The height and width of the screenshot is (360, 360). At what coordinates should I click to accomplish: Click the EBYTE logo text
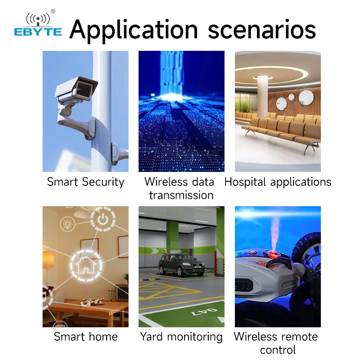pos(38,31)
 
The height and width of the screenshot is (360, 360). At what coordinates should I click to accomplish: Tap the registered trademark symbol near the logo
pos(53,11)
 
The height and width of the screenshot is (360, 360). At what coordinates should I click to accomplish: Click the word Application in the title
pos(133,30)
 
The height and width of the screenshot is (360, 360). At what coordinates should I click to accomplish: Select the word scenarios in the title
pos(262,30)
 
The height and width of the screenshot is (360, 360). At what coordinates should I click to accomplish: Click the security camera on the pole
pos(76,92)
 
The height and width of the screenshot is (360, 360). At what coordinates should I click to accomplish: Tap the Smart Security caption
pos(85,182)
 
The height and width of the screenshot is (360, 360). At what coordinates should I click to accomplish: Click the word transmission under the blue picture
pos(181,195)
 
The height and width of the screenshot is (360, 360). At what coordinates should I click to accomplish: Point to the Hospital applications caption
pos(278,182)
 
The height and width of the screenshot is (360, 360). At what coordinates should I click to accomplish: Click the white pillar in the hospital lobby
pos(262,96)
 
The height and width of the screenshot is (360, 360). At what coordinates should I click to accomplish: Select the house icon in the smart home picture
pos(86,265)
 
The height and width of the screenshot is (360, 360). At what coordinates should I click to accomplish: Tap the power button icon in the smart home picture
pos(103,219)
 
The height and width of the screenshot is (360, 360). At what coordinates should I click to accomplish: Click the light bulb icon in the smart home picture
pos(67,224)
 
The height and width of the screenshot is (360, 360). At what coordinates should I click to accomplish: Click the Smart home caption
pos(85,337)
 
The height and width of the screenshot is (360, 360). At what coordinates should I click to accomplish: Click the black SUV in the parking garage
pos(181,264)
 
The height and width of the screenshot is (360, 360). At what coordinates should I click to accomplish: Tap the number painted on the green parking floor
pos(205,312)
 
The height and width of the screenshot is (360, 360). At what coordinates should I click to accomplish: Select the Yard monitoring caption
pos(181,337)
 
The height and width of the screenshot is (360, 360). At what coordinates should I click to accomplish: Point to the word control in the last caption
pos(278,350)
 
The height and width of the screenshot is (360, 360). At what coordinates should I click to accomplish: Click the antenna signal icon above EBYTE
pos(38,19)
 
